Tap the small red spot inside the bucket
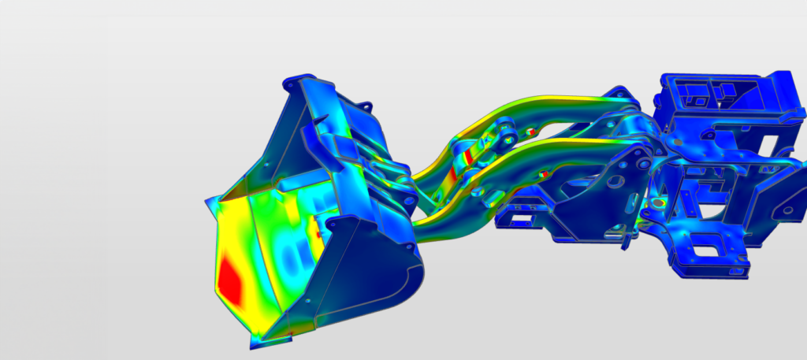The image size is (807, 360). [x=319, y=233]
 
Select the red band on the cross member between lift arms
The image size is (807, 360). [x=467, y=156]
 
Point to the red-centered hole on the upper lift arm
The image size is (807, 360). [x=530, y=131]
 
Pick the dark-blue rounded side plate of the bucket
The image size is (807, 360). [x=370, y=276]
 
